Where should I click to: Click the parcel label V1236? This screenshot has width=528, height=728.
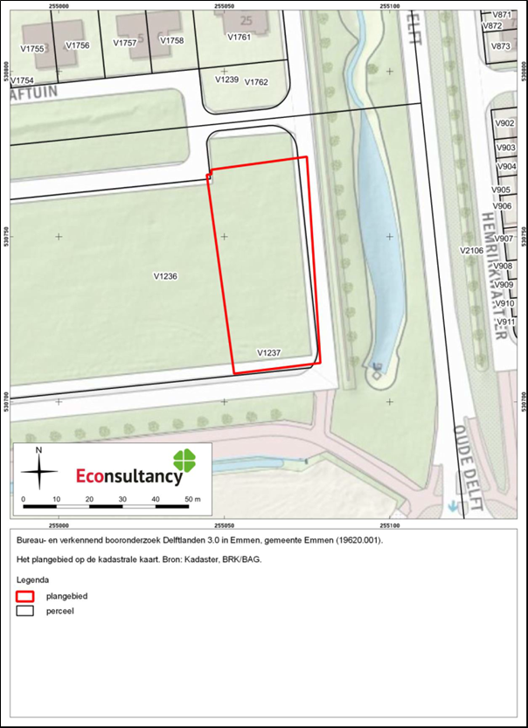[x=165, y=276]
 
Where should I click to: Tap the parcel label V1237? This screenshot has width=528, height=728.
[x=268, y=352]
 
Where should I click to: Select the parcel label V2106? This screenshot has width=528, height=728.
[x=472, y=250]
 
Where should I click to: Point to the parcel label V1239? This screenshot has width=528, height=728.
[x=226, y=80]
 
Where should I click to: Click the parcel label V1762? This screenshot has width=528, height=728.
[x=256, y=82]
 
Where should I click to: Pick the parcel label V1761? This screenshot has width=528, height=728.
[x=239, y=38]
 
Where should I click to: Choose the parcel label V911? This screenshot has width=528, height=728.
[x=505, y=322]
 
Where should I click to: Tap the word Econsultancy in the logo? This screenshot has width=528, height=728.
[x=129, y=476]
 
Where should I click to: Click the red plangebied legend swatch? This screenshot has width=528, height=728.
[x=25, y=595]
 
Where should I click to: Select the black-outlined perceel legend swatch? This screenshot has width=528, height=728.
[x=25, y=611]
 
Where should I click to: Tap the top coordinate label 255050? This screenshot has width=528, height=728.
[x=224, y=5]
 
